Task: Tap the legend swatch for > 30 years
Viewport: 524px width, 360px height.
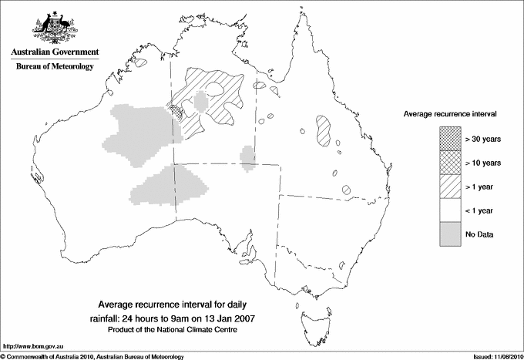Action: [450, 140]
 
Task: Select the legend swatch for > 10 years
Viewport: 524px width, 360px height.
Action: [450, 163]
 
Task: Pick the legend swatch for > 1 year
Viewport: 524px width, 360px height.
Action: [450, 187]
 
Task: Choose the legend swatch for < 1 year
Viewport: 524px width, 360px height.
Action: [450, 210]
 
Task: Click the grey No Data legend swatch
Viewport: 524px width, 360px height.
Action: [450, 234]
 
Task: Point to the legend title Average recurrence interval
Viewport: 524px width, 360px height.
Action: [450, 113]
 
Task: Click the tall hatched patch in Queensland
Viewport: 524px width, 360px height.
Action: [324, 131]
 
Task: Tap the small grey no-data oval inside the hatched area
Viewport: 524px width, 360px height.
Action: [202, 102]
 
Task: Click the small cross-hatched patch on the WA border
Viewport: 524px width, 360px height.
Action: [178, 112]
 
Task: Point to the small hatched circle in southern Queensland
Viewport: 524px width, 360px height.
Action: [348, 189]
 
